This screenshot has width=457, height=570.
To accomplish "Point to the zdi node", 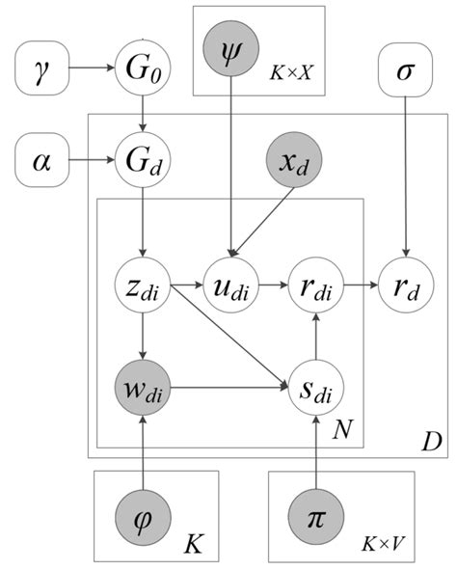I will (x=142, y=286).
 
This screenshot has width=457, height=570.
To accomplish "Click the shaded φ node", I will (x=142, y=513).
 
